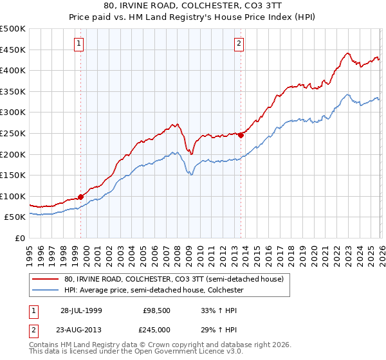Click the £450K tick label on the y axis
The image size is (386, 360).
pyautogui.click(x=13, y=50)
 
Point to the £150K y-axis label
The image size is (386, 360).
pyautogui.click(x=13, y=175)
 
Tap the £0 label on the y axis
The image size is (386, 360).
pyautogui.click(x=21, y=238)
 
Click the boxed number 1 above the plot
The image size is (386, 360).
pyautogui.click(x=78, y=44)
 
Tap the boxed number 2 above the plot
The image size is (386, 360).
pyautogui.click(x=239, y=44)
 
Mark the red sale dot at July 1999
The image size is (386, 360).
pyautogui.click(x=81, y=197)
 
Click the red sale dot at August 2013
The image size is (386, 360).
pyautogui.click(x=241, y=135)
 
